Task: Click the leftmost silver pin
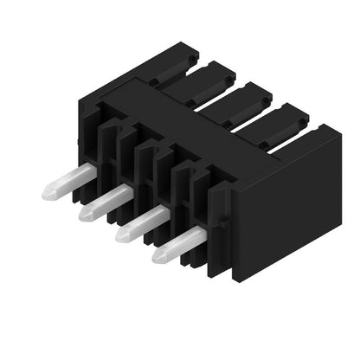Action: pyautogui.click(x=69, y=183)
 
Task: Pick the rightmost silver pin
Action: pyautogui.click(x=179, y=243)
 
